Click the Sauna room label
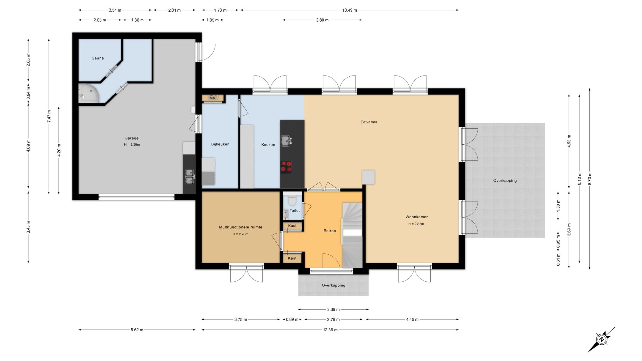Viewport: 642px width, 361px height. click(98, 58)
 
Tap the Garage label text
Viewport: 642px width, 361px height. click(131, 138)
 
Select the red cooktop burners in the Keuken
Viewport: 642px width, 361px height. click(286, 167)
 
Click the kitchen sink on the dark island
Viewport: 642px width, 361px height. click(286, 141)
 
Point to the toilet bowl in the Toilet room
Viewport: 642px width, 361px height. click(292, 201)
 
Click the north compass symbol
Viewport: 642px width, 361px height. click(602, 339)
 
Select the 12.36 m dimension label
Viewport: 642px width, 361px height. click(330, 330)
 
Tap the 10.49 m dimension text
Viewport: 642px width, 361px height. click(350, 10)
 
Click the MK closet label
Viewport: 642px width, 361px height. click(213, 98)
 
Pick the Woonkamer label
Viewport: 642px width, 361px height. click(416, 217)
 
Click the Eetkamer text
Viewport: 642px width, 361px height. click(369, 122)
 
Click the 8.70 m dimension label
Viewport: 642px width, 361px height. click(590, 179)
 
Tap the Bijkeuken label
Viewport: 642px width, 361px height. click(220, 144)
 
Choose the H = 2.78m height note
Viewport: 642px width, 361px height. click(240, 234)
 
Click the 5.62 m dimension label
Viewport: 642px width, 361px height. click(137, 330)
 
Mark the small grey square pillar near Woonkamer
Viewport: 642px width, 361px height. click(368, 177)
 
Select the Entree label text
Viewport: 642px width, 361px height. click(330, 231)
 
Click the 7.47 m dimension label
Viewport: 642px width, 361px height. click(49, 116)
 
